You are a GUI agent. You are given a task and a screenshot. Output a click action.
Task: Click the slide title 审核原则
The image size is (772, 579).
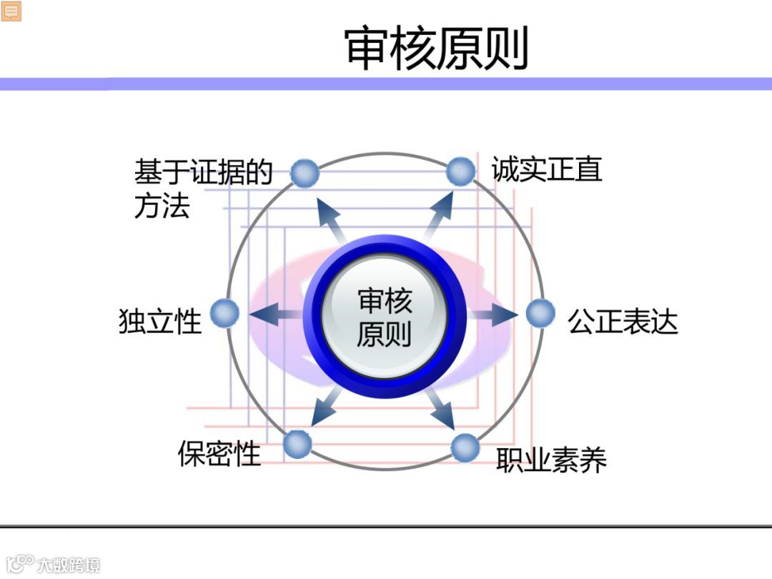pos(436,48)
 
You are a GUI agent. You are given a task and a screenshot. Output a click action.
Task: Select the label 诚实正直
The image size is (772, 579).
pos(547,169)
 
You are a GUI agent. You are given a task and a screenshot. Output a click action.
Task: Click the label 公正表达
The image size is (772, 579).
pos(622,322)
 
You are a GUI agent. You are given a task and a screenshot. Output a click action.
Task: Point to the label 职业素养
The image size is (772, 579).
pos(551,459)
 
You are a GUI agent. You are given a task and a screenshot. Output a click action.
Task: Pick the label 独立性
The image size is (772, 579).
pos(160,322)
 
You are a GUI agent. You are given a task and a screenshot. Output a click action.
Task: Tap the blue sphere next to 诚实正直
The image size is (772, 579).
pos(461,172)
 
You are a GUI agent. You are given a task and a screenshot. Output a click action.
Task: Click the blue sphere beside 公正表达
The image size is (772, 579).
pos(540,313)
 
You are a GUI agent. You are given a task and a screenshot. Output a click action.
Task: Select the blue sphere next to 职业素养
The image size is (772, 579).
pos(465,447)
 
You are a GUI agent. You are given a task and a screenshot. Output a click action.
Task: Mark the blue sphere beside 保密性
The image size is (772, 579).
pos(297,444)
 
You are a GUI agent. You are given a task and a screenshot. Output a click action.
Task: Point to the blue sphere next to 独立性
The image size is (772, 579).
pos(224,313)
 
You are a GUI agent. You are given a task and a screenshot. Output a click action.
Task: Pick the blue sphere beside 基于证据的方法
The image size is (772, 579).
pos(305,173)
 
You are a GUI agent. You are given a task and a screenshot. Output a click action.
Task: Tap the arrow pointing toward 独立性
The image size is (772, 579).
pos(273,315)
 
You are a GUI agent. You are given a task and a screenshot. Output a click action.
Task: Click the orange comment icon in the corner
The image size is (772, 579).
pos(11,11)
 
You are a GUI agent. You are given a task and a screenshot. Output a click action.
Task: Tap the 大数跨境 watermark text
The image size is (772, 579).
pos(69,564)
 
